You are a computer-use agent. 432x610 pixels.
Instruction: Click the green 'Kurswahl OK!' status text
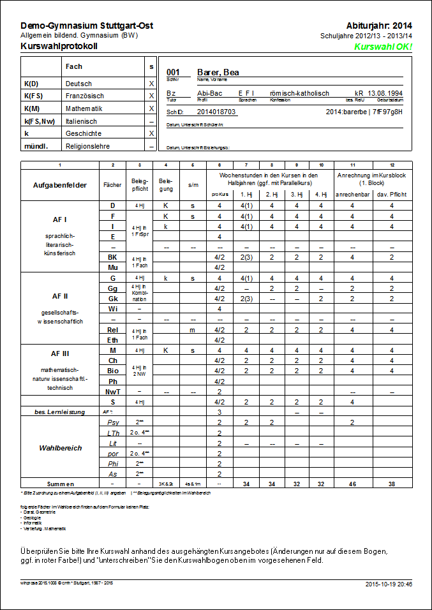pos(383,47)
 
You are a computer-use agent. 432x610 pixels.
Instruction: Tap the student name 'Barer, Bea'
pos(218,73)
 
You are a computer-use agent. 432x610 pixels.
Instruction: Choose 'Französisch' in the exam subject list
pos(84,96)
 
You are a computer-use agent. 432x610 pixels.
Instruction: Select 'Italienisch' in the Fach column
pos(81,121)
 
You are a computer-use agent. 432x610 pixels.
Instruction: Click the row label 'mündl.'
pos(34,146)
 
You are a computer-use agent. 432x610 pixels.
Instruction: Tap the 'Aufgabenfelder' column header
pos(61,185)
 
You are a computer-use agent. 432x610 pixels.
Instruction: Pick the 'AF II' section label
pos(61,296)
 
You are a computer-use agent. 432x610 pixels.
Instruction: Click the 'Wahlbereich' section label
pos(61,448)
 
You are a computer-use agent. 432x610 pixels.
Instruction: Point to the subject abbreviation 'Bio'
pos(112,370)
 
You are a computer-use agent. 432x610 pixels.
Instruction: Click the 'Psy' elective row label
pos(112,422)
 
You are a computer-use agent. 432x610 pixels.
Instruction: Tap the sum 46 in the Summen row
pos(354,484)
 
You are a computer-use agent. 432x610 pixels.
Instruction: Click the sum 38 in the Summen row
pos(392,484)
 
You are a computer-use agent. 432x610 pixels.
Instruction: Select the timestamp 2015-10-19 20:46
pos(389,584)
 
